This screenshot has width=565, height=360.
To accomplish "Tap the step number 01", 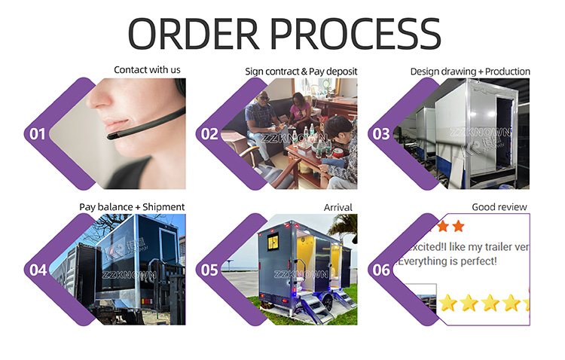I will coord(37,134).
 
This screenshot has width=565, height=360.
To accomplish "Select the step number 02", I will coord(208,134).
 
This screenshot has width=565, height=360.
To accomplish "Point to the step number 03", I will coord(381,134).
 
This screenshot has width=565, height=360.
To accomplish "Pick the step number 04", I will coord(37,269).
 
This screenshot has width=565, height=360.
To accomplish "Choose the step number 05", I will coord(208,269).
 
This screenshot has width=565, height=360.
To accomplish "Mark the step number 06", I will coord(381,269).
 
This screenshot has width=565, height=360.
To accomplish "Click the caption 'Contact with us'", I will coord(147,70).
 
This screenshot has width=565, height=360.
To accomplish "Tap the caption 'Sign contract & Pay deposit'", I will coord(301,72).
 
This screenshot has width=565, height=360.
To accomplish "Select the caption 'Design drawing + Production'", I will coord(470,72).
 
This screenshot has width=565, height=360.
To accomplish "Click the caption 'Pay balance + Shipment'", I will coord(132,206).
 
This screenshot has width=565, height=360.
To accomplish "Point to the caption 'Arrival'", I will coord(339,206).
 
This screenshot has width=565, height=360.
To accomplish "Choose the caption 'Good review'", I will coord(499,206).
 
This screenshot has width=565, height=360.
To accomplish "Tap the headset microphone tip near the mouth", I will coord(112,136).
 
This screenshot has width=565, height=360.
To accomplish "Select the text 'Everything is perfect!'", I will coord(447,261).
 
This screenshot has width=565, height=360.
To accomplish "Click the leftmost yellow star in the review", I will coord(448,304).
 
